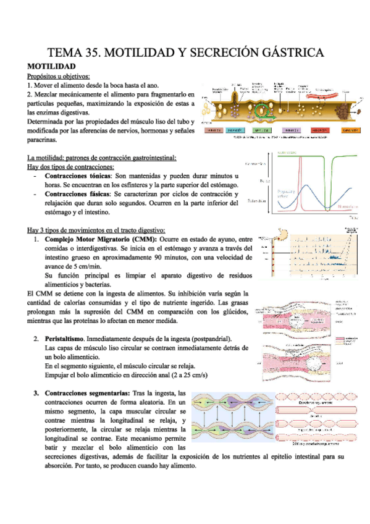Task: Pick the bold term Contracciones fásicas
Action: click(78, 194)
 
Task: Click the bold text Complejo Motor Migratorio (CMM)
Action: click(101, 239)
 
